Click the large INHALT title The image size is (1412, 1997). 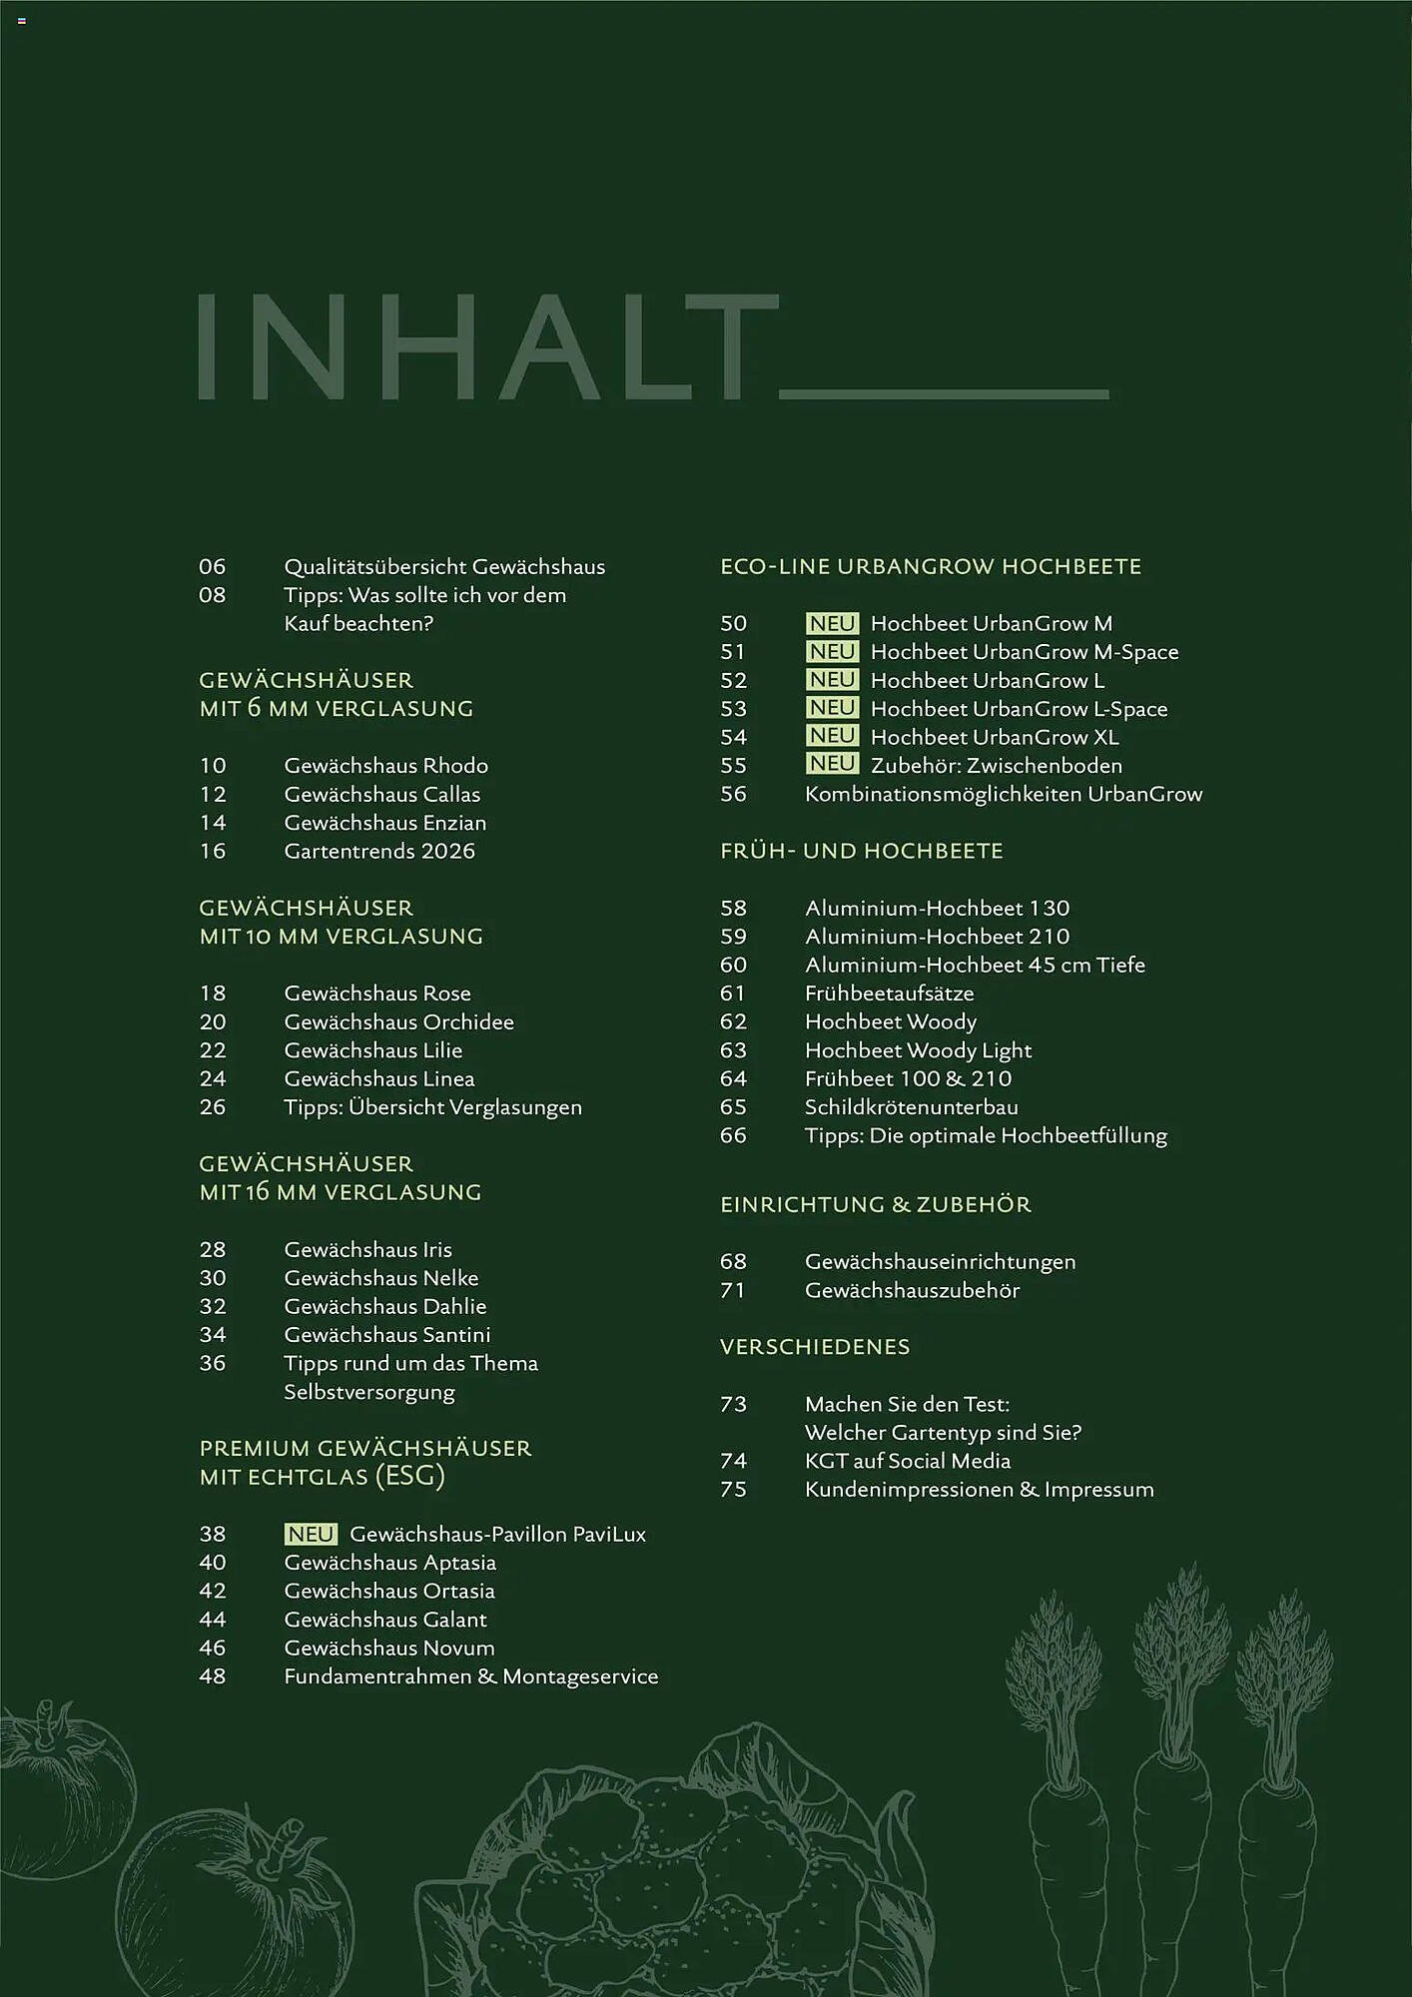tap(486, 346)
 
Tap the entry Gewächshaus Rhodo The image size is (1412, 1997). tap(385, 766)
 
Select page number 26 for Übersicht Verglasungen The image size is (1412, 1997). tap(213, 1107)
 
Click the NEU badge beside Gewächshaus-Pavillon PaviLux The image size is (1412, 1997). tap(311, 1534)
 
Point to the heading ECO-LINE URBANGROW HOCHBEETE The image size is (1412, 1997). tap(930, 566)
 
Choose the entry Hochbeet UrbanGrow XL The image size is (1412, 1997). tap(994, 737)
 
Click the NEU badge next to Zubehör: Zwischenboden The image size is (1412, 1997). tap(832, 765)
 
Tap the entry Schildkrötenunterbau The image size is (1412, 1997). tap(911, 1107)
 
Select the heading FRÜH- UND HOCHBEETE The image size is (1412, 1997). tap(861, 851)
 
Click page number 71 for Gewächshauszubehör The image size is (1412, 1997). tap(733, 1290)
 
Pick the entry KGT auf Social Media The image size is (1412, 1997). tap(907, 1461)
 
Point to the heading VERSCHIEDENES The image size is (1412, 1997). tap(815, 1347)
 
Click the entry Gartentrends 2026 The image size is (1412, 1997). tap(379, 851)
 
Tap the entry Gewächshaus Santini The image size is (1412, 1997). tap(386, 1335)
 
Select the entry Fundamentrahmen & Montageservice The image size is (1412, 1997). tap(470, 1676)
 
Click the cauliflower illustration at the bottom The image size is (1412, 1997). tap(689, 1867)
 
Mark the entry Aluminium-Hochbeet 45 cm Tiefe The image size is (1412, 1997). tap(975, 965)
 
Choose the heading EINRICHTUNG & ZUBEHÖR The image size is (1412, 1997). tap(875, 1204)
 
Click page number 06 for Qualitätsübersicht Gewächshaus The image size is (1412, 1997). tap(213, 566)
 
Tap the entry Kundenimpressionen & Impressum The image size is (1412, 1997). tap(979, 1490)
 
